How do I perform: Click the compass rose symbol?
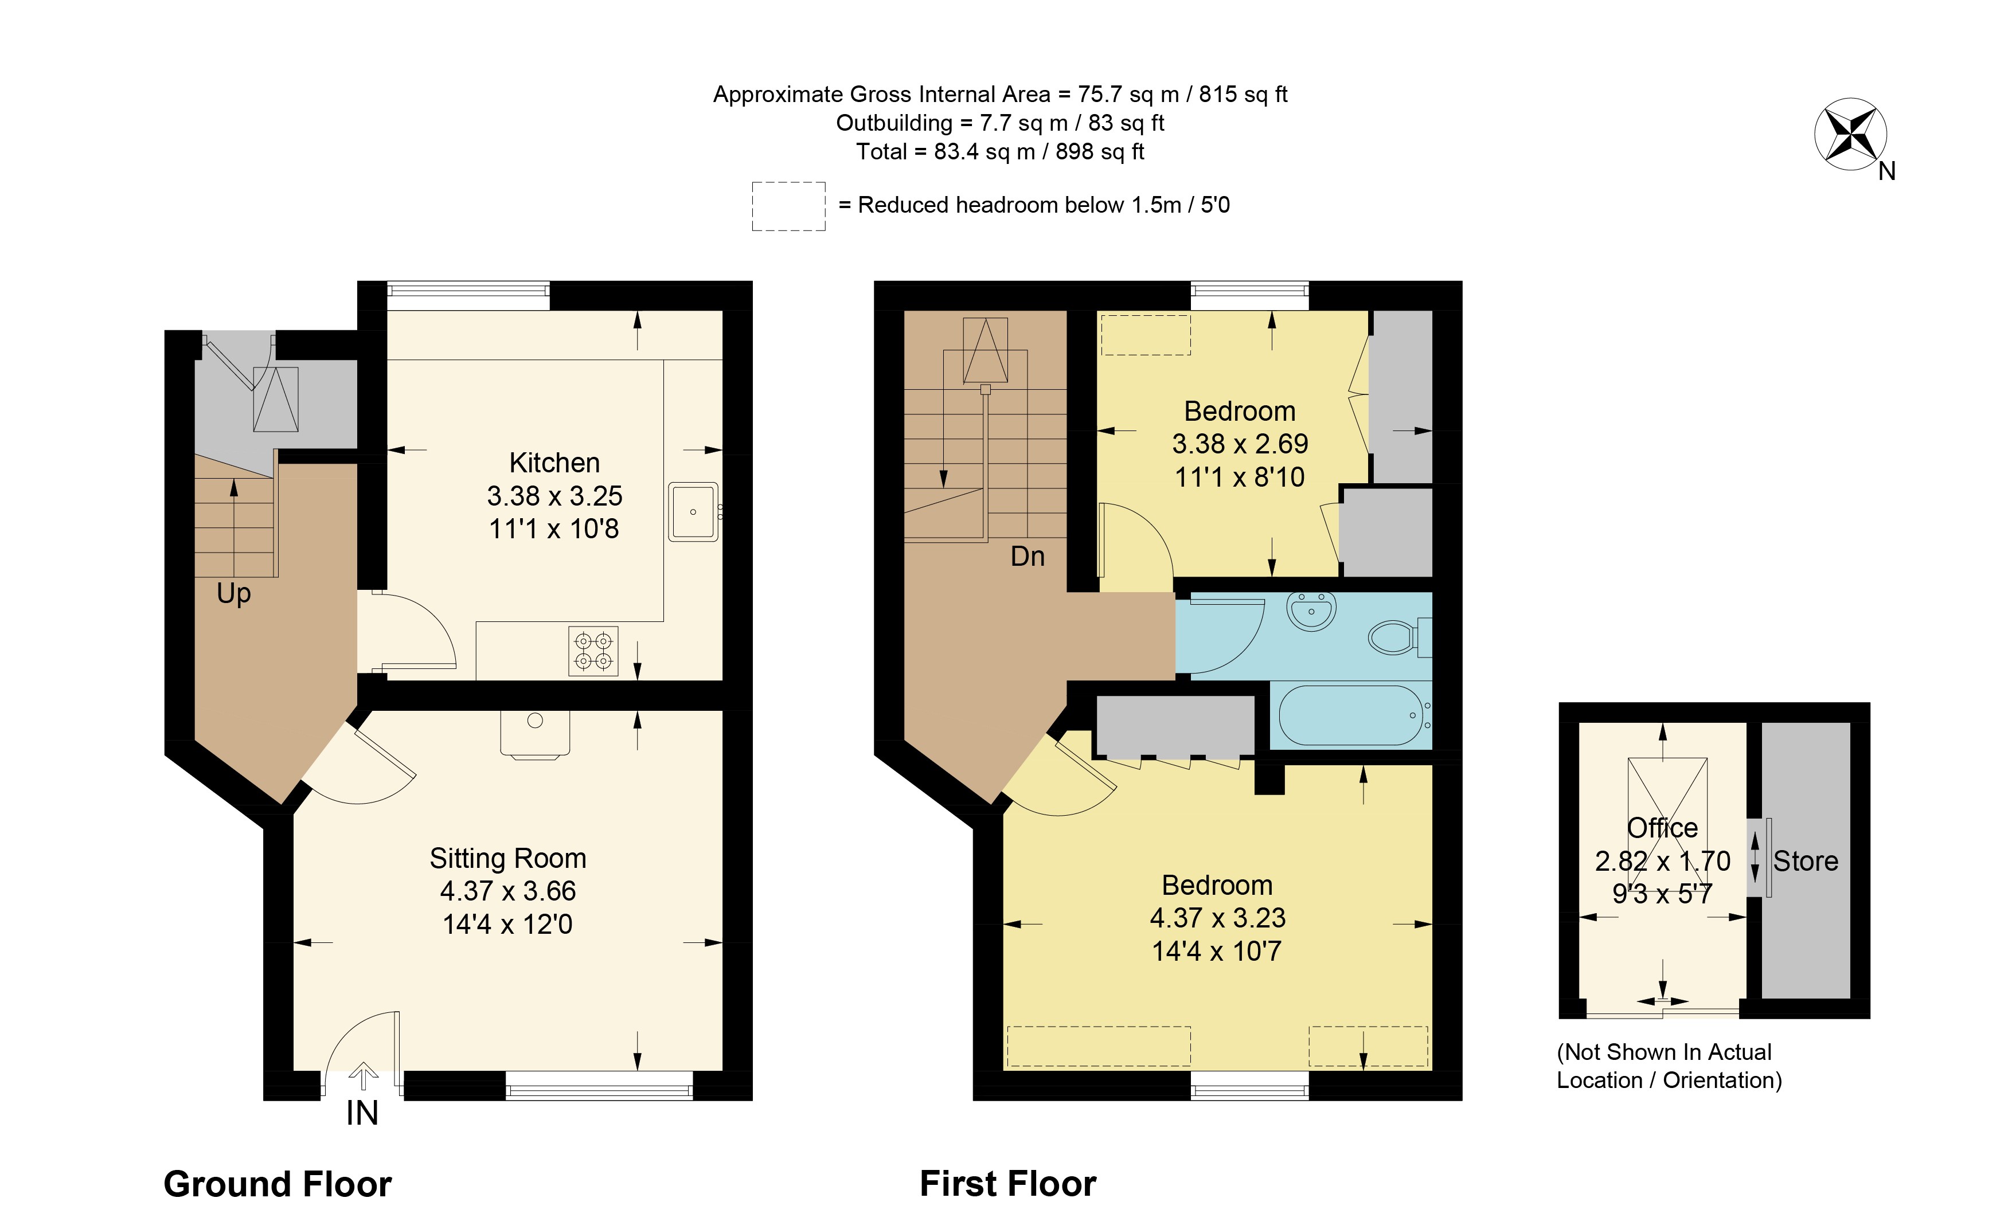click(1850, 134)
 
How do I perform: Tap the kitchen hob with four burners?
click(593, 651)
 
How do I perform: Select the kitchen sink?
click(693, 512)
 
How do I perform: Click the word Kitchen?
click(554, 463)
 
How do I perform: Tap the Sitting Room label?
click(508, 859)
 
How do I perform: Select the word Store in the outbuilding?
click(1806, 861)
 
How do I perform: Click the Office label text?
click(1662, 828)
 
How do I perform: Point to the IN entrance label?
click(362, 1113)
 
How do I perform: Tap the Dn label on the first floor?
click(1028, 557)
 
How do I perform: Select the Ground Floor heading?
click(278, 1184)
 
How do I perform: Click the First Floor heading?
click(1007, 1183)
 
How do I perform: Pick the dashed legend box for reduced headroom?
click(789, 206)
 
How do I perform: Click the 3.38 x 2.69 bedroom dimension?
click(1240, 444)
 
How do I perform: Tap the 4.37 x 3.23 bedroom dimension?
click(1217, 918)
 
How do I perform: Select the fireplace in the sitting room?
click(535, 734)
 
